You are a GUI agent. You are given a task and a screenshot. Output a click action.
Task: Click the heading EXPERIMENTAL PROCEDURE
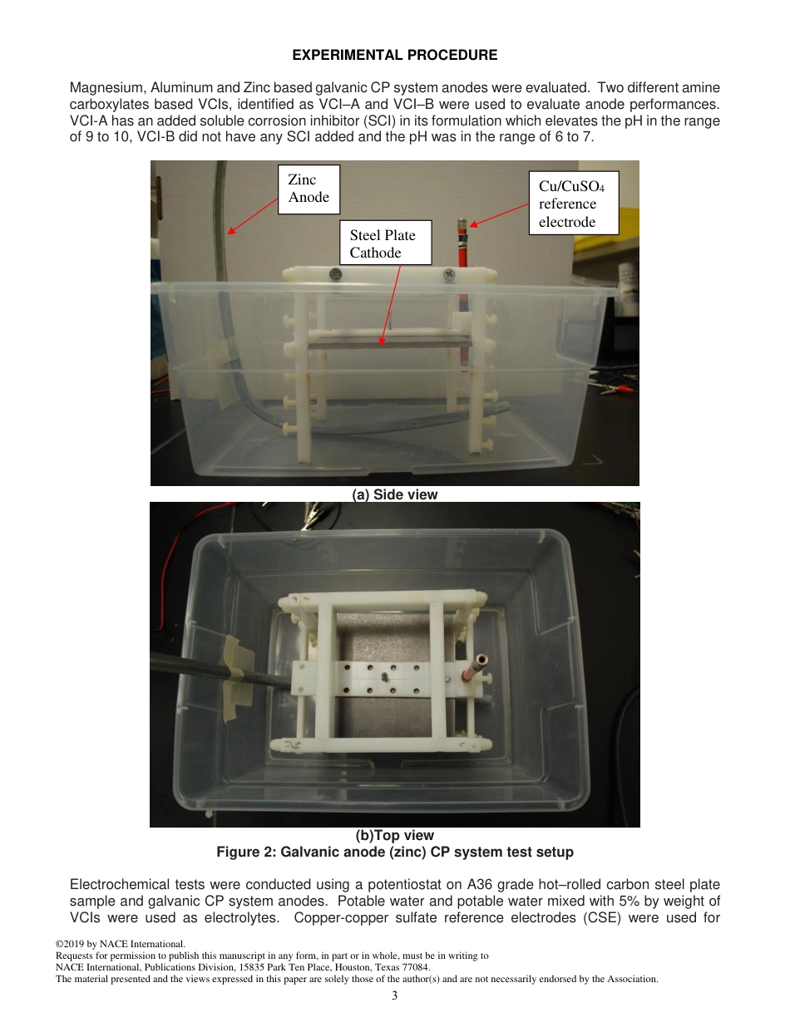395,56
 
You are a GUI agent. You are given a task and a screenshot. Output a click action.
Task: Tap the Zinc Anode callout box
309,189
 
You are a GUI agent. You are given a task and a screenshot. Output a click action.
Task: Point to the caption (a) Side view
395,495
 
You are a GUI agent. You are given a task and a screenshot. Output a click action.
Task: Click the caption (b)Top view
395,836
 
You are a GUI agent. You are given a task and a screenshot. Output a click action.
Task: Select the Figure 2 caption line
395,852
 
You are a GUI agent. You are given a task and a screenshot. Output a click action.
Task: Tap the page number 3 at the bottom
395,995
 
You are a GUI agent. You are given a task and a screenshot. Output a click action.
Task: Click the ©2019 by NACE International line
120,944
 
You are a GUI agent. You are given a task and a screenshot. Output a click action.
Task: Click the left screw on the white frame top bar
335,273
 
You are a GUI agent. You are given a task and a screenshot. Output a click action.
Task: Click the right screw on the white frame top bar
449,273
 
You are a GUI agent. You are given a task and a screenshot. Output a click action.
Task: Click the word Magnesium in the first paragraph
104,88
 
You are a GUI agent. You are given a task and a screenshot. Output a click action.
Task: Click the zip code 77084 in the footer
415,967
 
